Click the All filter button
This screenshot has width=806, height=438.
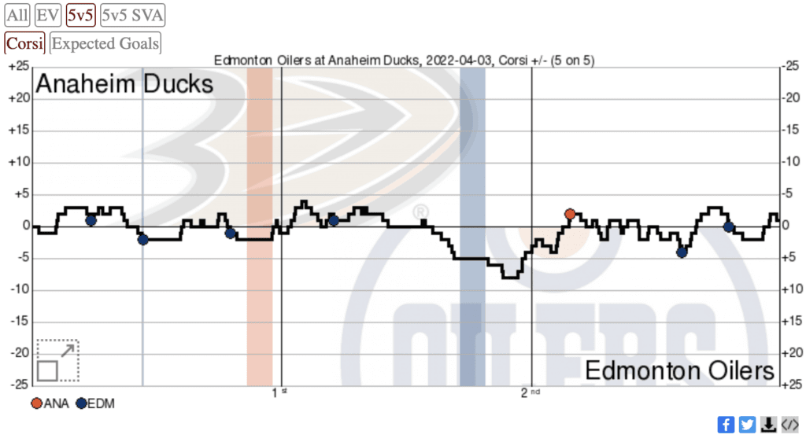coord(18,14)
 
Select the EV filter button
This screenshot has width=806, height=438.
coord(49,14)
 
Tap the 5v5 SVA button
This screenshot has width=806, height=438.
coord(132,14)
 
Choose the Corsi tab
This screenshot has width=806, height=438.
coord(25,43)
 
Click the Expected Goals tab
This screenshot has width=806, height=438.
coord(105,43)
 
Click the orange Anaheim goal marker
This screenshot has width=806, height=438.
coord(570,214)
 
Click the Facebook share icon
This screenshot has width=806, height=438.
coord(726,424)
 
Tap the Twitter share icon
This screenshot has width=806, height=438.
coord(747,424)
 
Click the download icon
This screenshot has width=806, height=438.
coord(768,424)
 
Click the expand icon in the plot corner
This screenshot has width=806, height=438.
coord(57,359)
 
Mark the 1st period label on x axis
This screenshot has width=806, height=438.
coord(278,392)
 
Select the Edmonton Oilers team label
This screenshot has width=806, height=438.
coord(679,370)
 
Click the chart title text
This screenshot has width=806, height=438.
coord(409,61)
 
